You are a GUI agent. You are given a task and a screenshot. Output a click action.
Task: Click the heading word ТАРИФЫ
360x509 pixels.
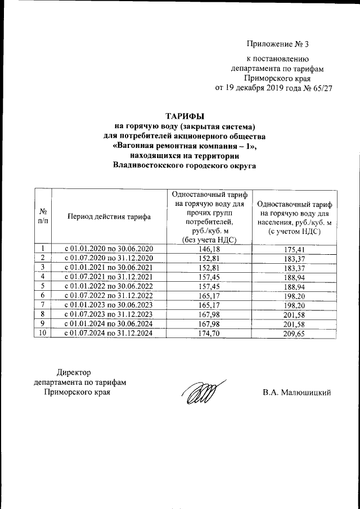click(184, 115)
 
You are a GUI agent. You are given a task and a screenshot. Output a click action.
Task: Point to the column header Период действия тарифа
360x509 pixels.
click(109, 216)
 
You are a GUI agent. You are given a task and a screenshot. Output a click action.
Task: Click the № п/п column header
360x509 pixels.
click(43, 216)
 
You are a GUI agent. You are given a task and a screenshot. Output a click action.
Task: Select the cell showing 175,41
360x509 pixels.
click(295, 249)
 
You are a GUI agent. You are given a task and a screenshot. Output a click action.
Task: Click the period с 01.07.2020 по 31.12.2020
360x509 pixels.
click(109, 258)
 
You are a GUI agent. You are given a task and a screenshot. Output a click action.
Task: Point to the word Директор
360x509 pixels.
click(73, 372)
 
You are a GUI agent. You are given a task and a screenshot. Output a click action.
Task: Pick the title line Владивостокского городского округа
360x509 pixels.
click(184, 165)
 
